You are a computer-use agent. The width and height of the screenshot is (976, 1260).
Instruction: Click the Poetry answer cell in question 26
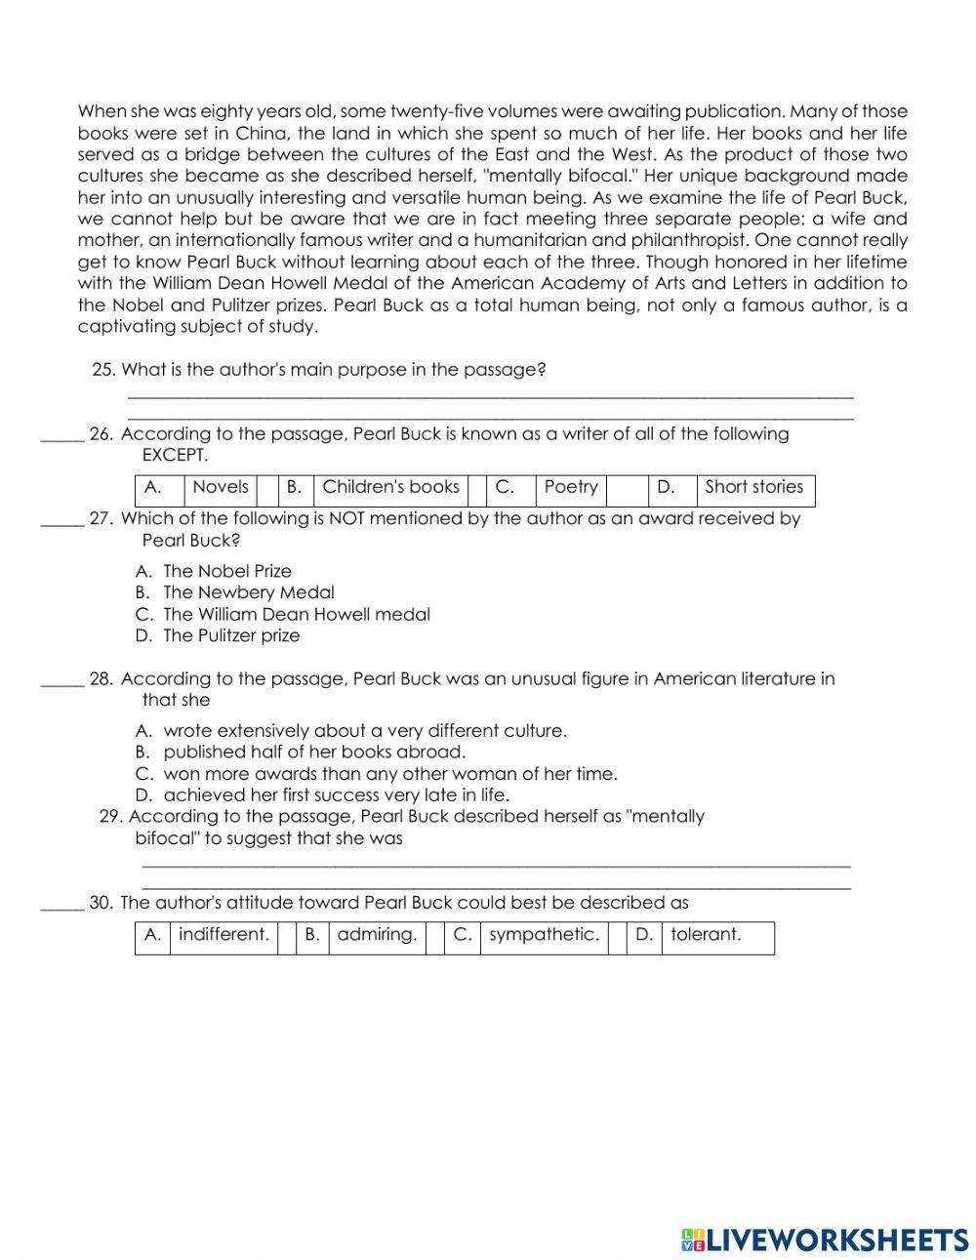[571, 487]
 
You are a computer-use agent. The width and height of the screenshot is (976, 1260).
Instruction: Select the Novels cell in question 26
[221, 487]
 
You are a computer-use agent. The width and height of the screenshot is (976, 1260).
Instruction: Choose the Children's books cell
[390, 487]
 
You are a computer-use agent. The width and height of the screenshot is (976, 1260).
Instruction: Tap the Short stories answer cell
[754, 487]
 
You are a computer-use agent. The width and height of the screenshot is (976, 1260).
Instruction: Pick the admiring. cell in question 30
[377, 935]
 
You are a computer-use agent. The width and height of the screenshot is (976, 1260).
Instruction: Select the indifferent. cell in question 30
[224, 935]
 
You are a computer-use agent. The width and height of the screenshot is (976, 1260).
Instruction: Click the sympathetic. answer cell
[544, 935]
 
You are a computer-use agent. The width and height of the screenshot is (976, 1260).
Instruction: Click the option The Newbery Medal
[248, 592]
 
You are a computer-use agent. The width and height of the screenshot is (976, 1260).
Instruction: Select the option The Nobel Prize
[227, 571]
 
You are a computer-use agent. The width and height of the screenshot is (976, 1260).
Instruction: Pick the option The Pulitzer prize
[231, 635]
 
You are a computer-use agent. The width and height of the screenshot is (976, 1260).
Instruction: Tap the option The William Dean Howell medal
[296, 614]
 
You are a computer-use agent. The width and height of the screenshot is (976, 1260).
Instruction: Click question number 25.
[103, 370]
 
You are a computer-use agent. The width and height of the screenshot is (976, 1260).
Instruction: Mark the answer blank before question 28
[61, 680]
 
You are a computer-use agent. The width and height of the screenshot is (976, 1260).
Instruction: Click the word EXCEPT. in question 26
[175, 456]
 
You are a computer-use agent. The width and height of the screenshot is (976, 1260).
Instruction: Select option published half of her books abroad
[314, 752]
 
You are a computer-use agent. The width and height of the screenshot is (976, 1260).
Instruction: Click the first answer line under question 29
[496, 864]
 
